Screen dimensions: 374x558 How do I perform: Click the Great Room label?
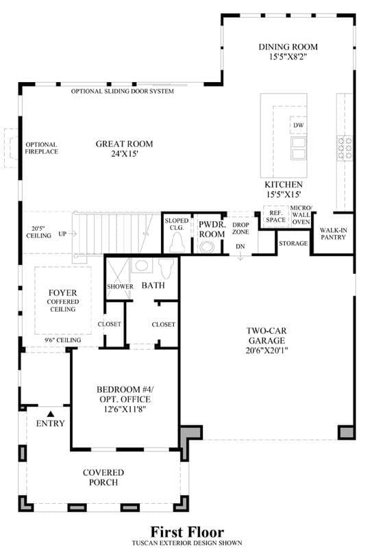[124, 144]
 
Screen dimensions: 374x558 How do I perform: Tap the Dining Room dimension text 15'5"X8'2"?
[288, 57]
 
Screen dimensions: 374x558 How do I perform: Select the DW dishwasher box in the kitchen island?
[298, 125]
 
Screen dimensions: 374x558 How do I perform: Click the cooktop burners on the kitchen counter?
[345, 147]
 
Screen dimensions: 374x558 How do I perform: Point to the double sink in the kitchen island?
[298, 149]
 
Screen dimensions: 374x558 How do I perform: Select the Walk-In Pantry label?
[333, 233]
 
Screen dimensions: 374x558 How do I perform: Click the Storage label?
[293, 244]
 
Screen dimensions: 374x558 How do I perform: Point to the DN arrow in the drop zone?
[240, 256]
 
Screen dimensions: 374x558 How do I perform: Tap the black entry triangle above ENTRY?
[51, 414]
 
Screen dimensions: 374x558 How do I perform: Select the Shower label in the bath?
[120, 286]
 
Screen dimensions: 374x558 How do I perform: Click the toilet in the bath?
[166, 268]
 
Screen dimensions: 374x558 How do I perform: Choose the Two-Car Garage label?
[266, 335]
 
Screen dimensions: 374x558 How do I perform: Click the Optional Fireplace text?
[41, 148]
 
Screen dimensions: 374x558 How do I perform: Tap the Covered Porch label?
[103, 477]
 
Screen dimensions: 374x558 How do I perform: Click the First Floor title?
[187, 532]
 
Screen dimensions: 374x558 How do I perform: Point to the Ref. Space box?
[275, 216]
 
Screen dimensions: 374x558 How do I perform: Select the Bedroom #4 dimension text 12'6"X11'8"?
[125, 409]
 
